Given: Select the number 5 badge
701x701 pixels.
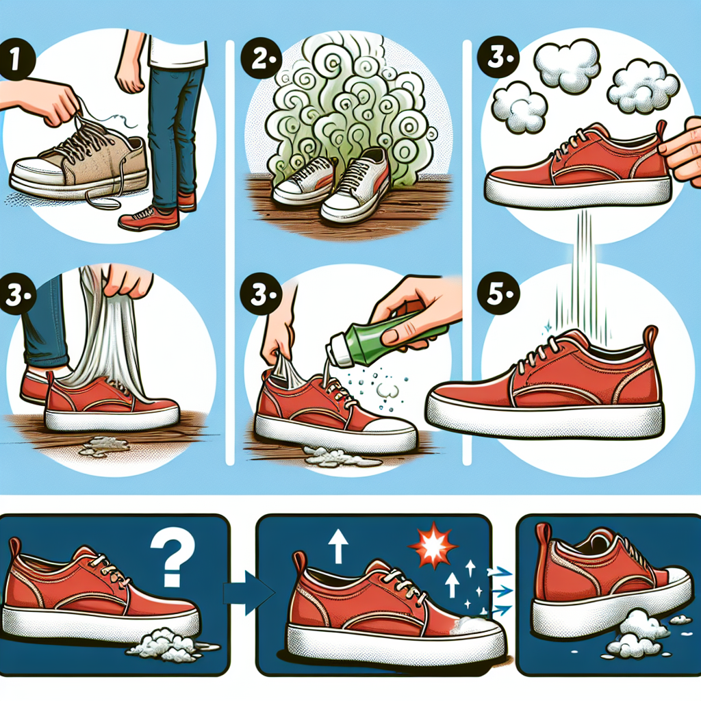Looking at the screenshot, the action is (498, 294).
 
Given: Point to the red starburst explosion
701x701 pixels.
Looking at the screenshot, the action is (433, 546).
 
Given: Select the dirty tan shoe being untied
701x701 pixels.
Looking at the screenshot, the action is (79, 165).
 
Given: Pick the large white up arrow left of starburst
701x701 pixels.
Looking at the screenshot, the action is (338, 546).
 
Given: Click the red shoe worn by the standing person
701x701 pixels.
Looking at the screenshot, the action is (149, 218).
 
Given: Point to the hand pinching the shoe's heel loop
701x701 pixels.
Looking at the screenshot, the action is (682, 150).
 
